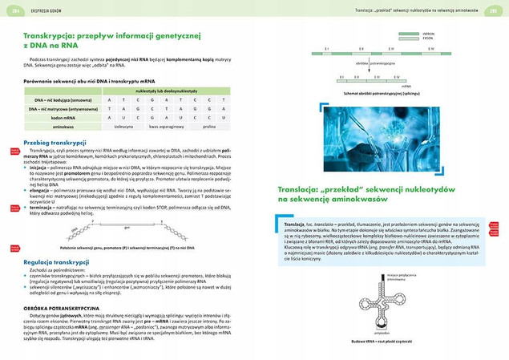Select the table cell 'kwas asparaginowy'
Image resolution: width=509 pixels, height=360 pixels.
166,127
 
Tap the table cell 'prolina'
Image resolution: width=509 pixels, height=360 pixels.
210,127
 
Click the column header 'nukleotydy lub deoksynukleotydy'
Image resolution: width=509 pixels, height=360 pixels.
166,92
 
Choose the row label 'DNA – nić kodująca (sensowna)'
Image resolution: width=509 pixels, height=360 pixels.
58,99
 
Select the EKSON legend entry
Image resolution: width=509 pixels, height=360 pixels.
427,40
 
